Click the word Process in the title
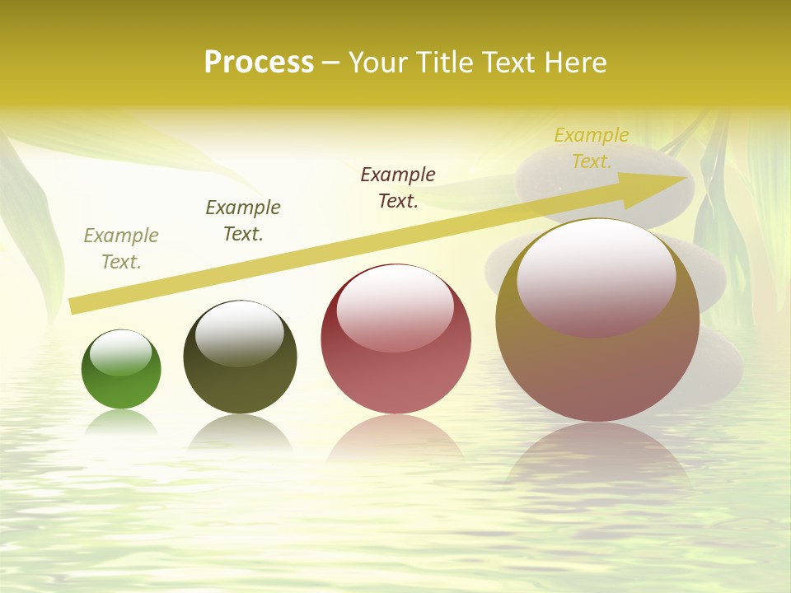click(x=259, y=63)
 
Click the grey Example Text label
click(x=121, y=249)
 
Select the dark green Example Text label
click(x=243, y=221)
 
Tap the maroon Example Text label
click(x=398, y=187)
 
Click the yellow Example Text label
click(x=592, y=148)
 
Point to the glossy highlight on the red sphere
click(x=395, y=307)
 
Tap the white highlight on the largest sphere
click(x=597, y=278)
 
